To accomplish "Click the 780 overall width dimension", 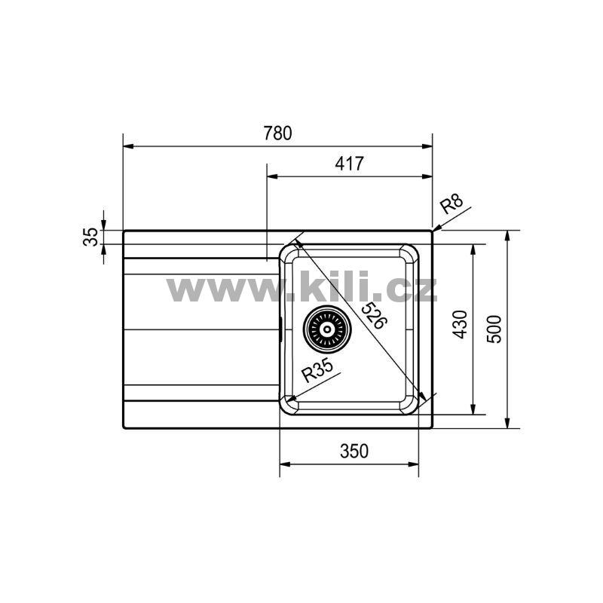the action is (277, 133).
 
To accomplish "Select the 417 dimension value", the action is (349, 164).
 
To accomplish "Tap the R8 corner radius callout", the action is (451, 204).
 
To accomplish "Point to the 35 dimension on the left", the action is (90, 237).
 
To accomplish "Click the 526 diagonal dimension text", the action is (372, 315).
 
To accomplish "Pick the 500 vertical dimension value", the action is (494, 329).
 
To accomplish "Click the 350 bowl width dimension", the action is (354, 451).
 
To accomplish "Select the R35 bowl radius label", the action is (317, 370).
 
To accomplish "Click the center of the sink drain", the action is (327, 329).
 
